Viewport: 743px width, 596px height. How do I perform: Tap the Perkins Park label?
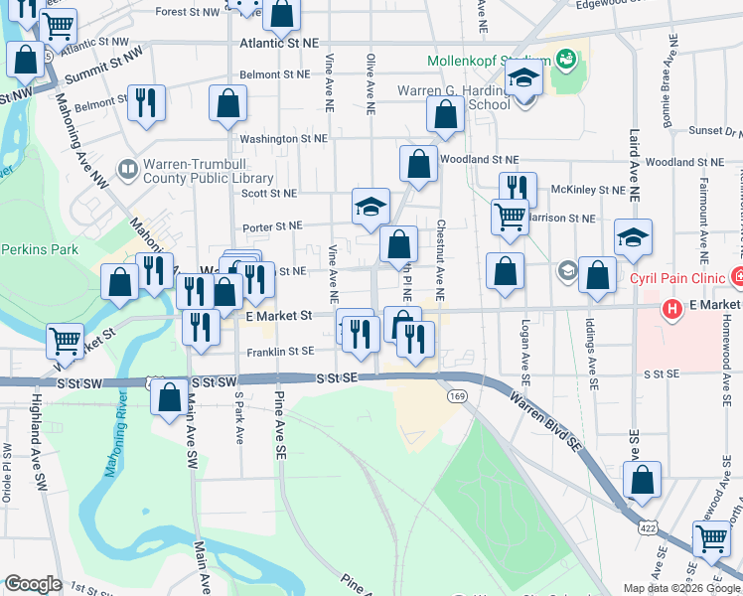pyautogui.click(x=39, y=249)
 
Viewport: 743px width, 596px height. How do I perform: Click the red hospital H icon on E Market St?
pyautogui.click(x=672, y=310)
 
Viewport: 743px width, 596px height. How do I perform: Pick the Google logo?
pyautogui.click(x=32, y=584)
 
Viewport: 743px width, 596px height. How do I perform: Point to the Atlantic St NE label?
pyautogui.click(x=284, y=44)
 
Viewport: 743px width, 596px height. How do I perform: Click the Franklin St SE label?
pyautogui.click(x=282, y=351)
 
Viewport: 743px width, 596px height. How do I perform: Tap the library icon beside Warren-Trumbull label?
pyautogui.click(x=128, y=170)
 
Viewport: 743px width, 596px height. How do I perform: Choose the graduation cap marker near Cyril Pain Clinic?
pyautogui.click(x=633, y=236)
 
